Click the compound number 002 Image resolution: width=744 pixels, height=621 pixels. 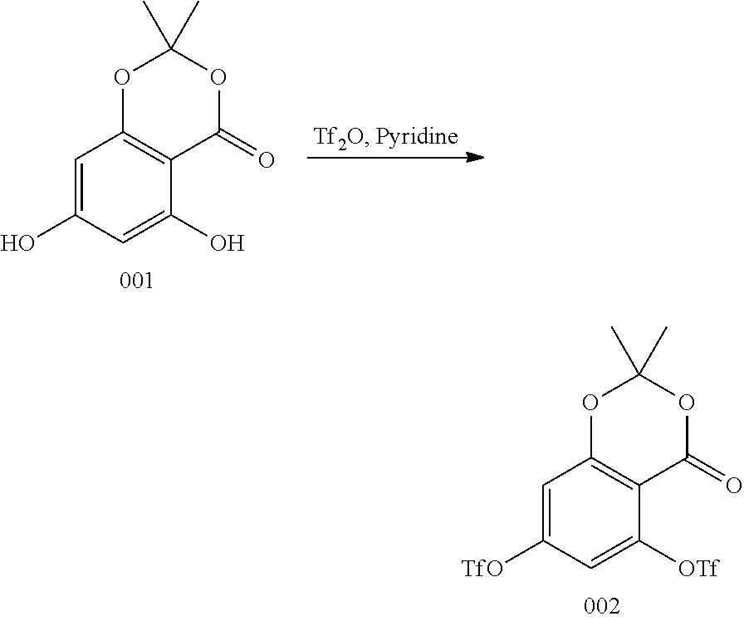[x=601, y=607]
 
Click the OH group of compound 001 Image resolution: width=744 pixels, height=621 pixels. [x=227, y=243]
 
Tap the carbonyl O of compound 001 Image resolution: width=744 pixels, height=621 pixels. [x=266, y=159]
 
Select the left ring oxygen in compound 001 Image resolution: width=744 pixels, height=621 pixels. [x=123, y=79]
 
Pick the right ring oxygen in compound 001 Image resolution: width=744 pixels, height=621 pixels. [x=218, y=79]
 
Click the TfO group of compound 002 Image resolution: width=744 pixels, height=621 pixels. [x=482, y=569]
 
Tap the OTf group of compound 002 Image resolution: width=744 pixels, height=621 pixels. [x=697, y=569]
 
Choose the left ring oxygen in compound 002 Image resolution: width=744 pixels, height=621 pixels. [x=590, y=404]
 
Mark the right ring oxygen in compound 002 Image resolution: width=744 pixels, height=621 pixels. [x=685, y=404]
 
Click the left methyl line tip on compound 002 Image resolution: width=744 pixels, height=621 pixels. [x=612, y=327]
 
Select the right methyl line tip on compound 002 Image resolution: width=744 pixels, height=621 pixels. [x=667, y=327]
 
